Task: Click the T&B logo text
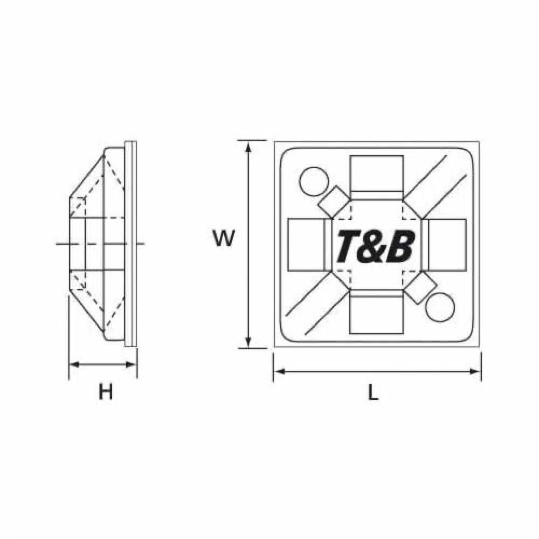click(x=375, y=246)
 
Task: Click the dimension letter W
click(x=224, y=238)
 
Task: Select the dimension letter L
click(x=373, y=392)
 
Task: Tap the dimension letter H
click(x=106, y=392)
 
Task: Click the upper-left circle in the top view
click(x=314, y=182)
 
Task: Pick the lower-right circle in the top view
click(x=440, y=308)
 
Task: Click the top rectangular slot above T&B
click(x=376, y=173)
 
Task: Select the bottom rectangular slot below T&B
click(x=376, y=315)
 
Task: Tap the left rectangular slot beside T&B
click(x=306, y=245)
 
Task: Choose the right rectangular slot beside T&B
click(x=447, y=245)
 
